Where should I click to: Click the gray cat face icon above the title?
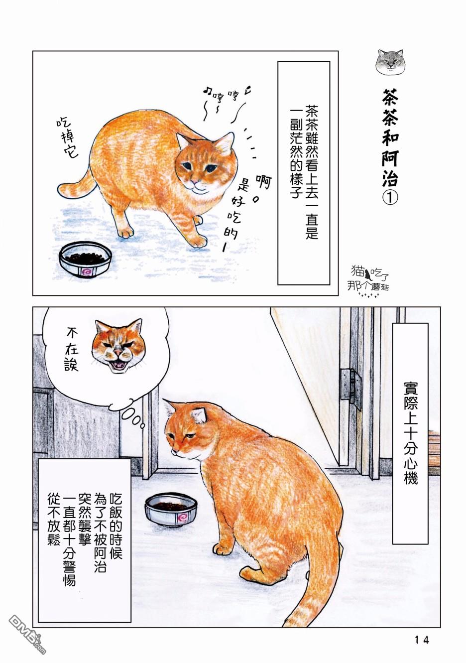(x=390, y=62)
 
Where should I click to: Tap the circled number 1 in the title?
(x=390, y=198)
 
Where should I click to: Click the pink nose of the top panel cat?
(x=193, y=181)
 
